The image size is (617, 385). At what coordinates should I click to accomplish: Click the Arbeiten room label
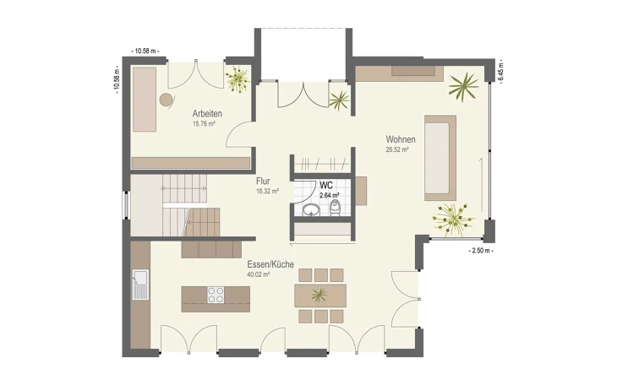point(207,114)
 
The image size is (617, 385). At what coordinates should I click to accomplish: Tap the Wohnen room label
point(401,139)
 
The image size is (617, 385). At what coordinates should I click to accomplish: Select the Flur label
point(263,182)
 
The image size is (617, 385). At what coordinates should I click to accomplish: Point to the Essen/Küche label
point(270,264)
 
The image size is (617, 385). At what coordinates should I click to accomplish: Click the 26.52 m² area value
point(397,149)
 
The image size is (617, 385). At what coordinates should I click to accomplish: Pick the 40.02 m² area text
point(258,275)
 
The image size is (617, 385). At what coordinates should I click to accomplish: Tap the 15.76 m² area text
point(204,124)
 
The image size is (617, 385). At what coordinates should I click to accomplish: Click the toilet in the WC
point(335,208)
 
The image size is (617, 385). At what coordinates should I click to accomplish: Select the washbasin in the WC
point(312,210)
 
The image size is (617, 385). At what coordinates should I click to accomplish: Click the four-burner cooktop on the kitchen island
point(216,295)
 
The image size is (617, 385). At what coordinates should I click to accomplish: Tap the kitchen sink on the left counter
point(140,285)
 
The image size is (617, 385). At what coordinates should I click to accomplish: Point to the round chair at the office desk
point(167,100)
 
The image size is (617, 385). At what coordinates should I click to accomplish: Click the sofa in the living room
point(440,158)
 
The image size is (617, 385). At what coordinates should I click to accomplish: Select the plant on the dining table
point(319,295)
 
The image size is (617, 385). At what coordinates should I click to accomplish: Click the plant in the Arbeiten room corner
point(237,79)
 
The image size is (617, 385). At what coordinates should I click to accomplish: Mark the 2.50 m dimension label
point(481,251)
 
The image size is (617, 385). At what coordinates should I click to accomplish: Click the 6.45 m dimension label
point(500,73)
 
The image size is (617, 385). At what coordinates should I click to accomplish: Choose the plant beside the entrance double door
point(339,100)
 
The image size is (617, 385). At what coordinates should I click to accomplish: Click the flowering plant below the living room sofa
point(453,220)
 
